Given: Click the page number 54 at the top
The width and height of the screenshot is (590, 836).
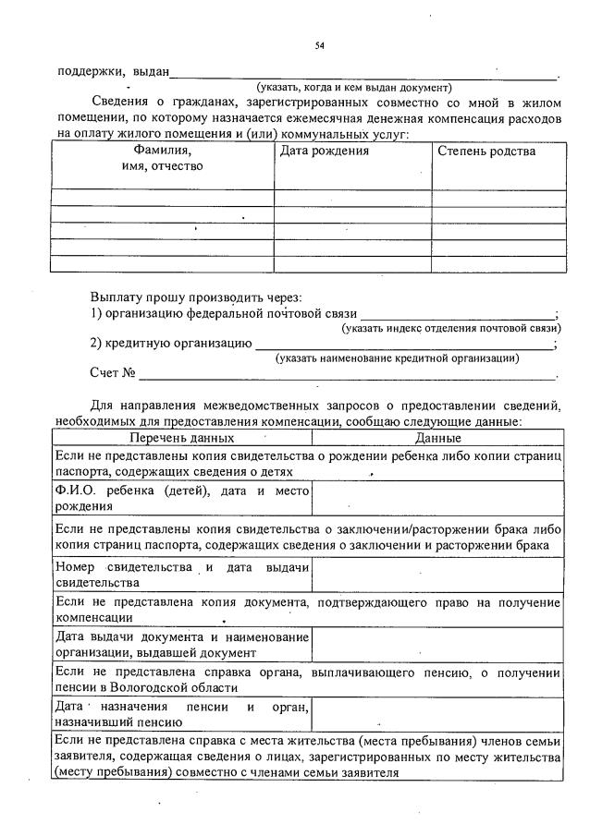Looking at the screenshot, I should point(320,45).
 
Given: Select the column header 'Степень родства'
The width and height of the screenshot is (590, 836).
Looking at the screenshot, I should point(486,151).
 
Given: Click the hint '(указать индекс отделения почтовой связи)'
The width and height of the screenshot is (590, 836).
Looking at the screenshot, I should point(450,328).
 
